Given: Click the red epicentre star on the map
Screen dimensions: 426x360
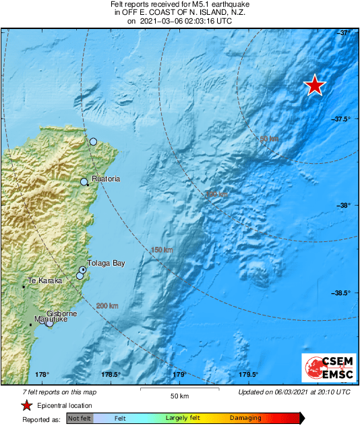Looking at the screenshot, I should point(314,86).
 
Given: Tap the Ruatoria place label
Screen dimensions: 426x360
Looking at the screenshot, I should point(106,179).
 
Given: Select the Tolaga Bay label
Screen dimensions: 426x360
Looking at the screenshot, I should point(107,264).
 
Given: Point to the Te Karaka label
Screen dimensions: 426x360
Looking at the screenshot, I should point(44,280).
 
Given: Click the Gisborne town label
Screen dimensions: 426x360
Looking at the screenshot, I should point(61,314).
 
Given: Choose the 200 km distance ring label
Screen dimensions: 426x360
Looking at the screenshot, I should point(107,307).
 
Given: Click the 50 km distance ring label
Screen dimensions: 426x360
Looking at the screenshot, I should point(270,139).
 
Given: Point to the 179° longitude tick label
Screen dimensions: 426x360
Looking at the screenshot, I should point(179,375).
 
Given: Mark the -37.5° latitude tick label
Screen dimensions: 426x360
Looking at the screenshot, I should point(342,119).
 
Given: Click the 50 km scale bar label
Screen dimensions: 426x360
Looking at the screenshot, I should point(179,395).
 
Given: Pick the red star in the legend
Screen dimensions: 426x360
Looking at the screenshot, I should point(26,406).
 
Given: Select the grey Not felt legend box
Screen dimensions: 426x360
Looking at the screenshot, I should point(80,419).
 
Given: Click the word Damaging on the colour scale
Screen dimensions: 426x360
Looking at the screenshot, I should point(245,419).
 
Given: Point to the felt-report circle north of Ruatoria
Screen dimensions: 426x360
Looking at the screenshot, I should point(94,142).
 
